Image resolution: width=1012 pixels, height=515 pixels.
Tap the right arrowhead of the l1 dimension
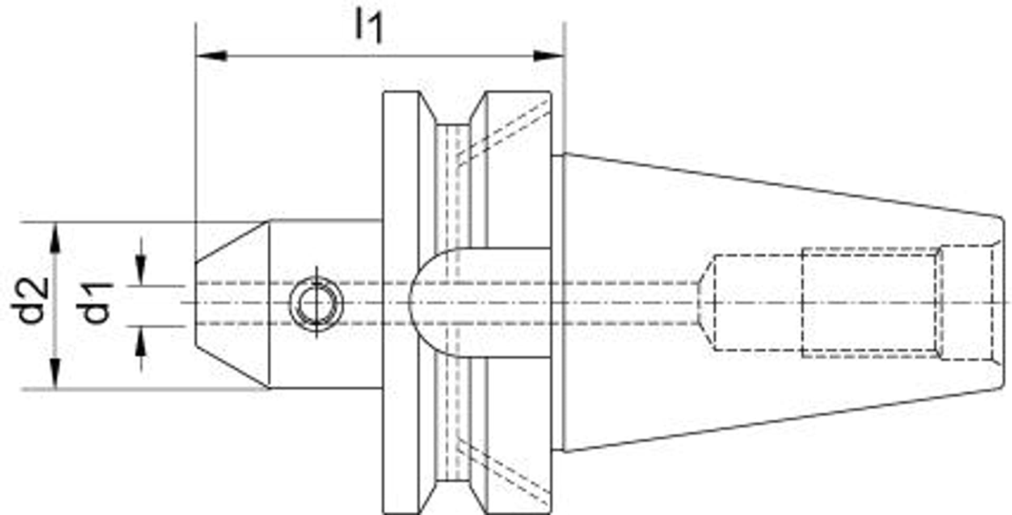coord(548,55)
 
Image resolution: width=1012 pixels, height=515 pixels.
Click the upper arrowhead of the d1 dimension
coord(141,272)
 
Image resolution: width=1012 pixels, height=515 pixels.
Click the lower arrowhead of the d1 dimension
coord(141,340)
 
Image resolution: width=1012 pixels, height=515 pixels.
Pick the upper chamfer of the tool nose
coord(232,242)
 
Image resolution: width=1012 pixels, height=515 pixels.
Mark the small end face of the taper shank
coord(1002,303)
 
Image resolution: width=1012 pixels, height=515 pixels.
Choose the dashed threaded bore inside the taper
coord(870,303)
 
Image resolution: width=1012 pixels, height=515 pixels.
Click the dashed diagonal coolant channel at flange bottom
coord(501,472)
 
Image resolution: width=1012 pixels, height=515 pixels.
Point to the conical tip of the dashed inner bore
coord(706,303)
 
